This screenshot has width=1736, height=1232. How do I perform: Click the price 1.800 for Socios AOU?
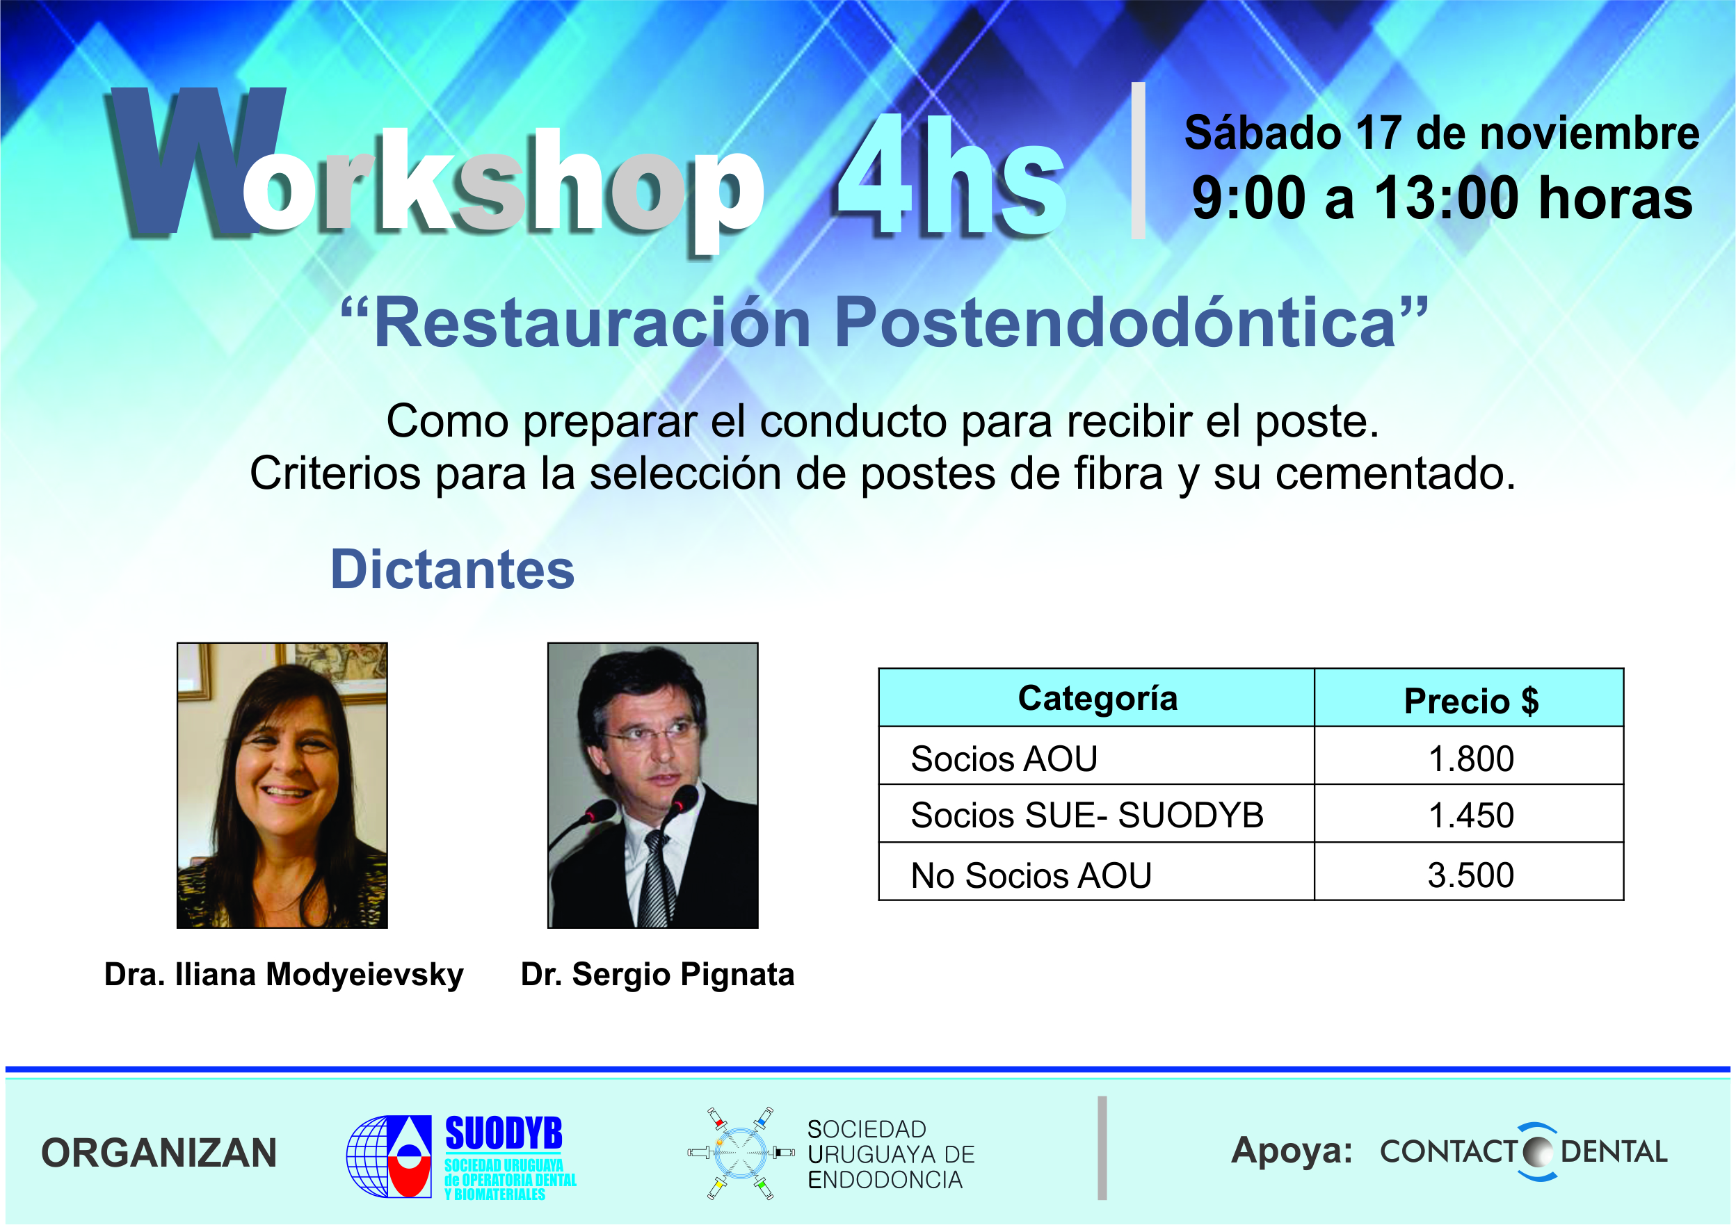(x=1470, y=759)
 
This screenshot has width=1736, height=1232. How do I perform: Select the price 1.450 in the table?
(x=1470, y=816)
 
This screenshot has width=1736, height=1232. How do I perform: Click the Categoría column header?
(x=1097, y=699)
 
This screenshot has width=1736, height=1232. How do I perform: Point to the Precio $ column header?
(x=1471, y=701)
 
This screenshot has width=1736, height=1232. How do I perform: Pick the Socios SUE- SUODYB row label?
(x=1087, y=816)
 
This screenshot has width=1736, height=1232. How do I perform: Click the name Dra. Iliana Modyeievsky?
(x=284, y=975)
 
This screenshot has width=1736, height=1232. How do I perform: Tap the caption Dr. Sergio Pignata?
(x=658, y=975)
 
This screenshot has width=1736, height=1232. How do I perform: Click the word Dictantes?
(x=452, y=569)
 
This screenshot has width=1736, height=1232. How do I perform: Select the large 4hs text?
(x=952, y=176)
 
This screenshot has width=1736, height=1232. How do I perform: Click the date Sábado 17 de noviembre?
(x=1442, y=133)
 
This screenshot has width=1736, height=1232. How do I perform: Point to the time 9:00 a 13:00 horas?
(x=1442, y=198)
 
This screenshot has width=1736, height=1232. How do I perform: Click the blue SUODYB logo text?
(x=504, y=1134)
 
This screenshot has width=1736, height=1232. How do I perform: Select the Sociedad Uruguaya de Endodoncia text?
(x=891, y=1155)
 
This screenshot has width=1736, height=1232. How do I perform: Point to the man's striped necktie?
(x=654, y=880)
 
